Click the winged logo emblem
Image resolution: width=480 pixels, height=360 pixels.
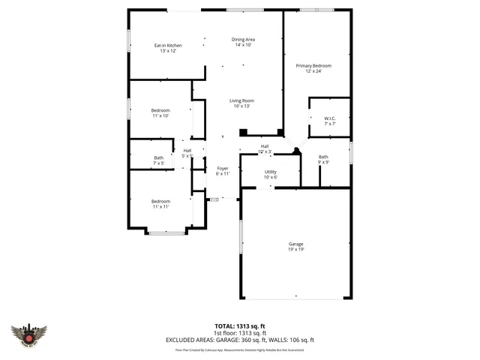[29, 334]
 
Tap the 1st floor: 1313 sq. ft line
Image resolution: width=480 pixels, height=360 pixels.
[240, 334]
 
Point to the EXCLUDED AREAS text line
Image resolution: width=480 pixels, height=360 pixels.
[240, 340]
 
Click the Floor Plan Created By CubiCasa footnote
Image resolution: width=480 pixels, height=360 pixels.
[240, 349]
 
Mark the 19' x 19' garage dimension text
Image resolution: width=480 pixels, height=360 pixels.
[296, 250]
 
